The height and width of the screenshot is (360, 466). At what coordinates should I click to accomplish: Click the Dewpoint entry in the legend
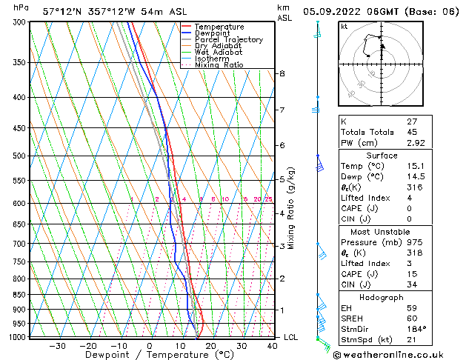pos(219,33)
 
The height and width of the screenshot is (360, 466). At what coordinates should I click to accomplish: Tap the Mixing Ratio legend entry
pos(219,64)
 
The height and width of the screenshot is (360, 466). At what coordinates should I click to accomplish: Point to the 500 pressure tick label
pos(19,156)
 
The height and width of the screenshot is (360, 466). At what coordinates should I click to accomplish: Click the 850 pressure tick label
pos(19,295)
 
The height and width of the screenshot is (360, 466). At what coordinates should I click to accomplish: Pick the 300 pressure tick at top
pos(19,22)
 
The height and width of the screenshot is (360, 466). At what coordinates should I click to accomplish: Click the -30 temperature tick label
pos(57,345)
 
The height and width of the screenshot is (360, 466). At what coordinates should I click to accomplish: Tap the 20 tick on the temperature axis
pos(211,345)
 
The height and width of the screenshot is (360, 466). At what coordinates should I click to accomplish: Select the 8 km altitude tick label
pos(282,73)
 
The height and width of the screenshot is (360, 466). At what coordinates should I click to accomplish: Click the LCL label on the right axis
pos(291,337)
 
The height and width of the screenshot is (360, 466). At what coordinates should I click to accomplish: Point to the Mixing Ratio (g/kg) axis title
pos(291,208)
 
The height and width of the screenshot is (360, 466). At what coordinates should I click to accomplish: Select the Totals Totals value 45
pos(413,133)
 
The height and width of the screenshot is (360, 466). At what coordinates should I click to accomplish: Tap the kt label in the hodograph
pos(344,27)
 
